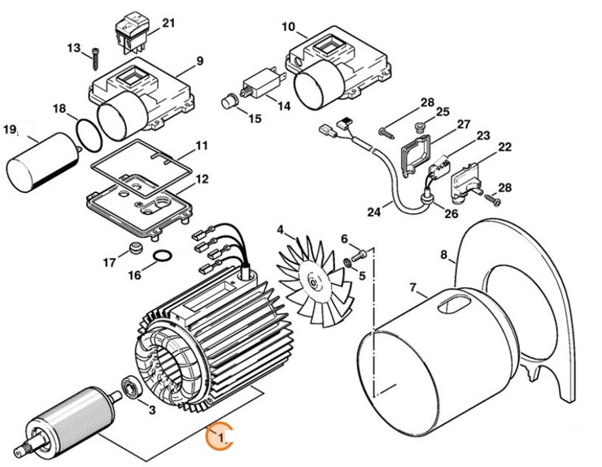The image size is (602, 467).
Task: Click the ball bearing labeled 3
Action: point(130,385)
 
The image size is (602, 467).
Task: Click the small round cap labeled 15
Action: point(229,103)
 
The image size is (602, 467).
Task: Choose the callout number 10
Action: point(288,27)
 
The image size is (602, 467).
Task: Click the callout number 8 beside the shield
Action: point(444,255)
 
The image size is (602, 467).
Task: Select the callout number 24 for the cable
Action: point(373,213)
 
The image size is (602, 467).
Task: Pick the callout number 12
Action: point(201,178)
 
